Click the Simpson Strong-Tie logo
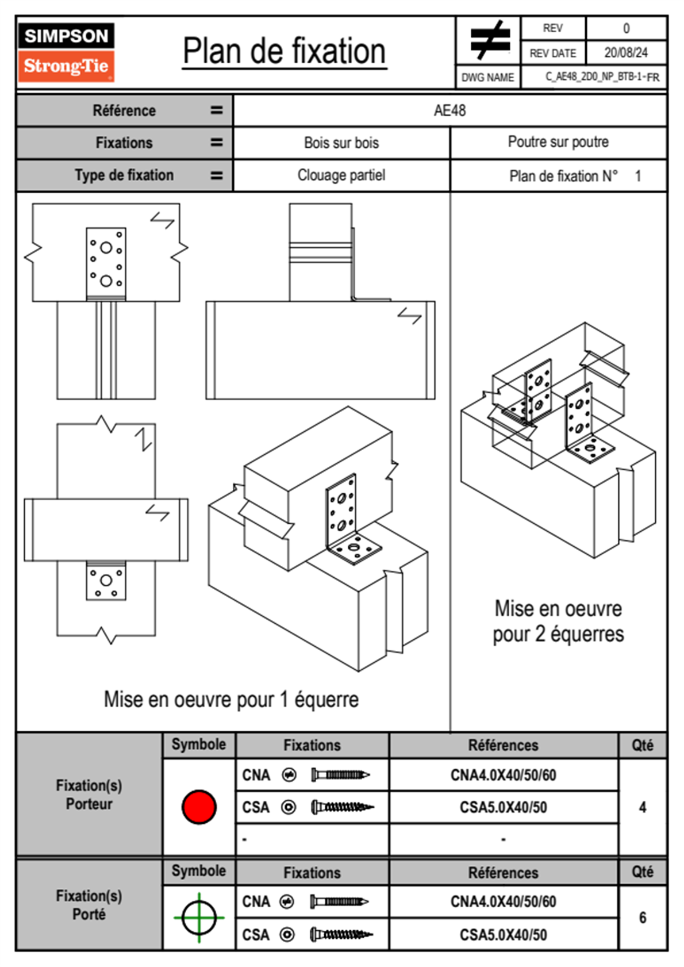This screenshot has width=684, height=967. [x=66, y=52]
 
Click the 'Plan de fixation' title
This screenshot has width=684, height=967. [x=285, y=52]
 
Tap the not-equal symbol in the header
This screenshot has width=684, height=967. [x=489, y=40]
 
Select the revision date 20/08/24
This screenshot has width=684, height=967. [x=625, y=53]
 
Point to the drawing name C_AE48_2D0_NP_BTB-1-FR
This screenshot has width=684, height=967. [x=602, y=77]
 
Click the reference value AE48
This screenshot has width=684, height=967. [x=449, y=110]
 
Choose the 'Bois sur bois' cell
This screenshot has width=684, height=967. [x=341, y=143]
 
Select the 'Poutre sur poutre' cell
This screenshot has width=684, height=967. [x=558, y=142]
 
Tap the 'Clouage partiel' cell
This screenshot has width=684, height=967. [x=341, y=175]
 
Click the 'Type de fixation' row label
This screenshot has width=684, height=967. [x=124, y=175]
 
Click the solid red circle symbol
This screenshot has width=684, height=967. [x=199, y=807]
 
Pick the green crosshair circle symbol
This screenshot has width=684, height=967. [x=199, y=918]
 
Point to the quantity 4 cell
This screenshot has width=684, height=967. [x=642, y=807]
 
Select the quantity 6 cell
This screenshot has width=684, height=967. [x=642, y=918]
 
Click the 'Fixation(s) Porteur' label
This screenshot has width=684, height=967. [x=89, y=795]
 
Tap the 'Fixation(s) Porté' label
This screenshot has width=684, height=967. [x=89, y=905]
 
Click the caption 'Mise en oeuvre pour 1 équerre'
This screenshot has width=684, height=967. [x=231, y=700]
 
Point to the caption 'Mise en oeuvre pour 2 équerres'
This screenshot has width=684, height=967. [x=558, y=621]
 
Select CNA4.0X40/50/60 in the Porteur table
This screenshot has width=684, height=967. [x=503, y=775]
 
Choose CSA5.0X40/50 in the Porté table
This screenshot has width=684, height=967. [x=503, y=935]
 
